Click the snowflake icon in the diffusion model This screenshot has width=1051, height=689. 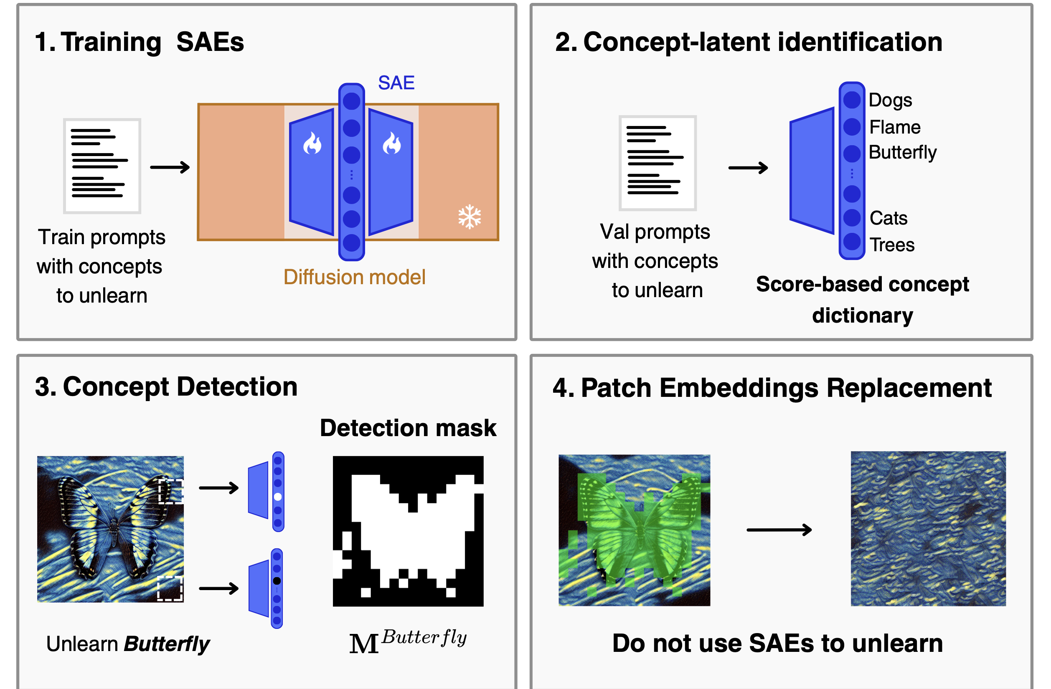pyautogui.click(x=470, y=217)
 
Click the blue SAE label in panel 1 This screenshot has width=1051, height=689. pyautogui.click(x=396, y=83)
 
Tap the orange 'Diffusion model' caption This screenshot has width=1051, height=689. pyautogui.click(x=354, y=277)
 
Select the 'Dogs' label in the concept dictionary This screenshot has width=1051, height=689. pyautogui.click(x=890, y=101)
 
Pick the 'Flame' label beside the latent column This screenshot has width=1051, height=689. pyautogui.click(x=895, y=127)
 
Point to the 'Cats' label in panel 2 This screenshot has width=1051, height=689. pyautogui.click(x=889, y=218)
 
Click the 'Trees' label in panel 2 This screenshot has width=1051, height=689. pyautogui.click(x=892, y=245)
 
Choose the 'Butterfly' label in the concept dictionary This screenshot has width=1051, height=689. pyautogui.click(x=903, y=153)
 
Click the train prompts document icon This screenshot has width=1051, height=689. pyautogui.click(x=102, y=166)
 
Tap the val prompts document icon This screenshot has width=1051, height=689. pyautogui.click(x=658, y=163)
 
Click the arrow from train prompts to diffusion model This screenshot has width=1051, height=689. pyautogui.click(x=170, y=167)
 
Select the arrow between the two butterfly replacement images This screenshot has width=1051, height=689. pyautogui.click(x=779, y=529)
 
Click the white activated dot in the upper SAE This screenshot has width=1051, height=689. pyautogui.click(x=278, y=497)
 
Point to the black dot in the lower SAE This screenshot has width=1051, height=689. pyautogui.click(x=277, y=580)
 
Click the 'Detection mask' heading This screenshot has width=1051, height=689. pyautogui.click(x=408, y=428)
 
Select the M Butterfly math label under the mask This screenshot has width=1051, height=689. pyautogui.click(x=408, y=641)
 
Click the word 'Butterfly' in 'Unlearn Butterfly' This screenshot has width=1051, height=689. pyautogui.click(x=167, y=644)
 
